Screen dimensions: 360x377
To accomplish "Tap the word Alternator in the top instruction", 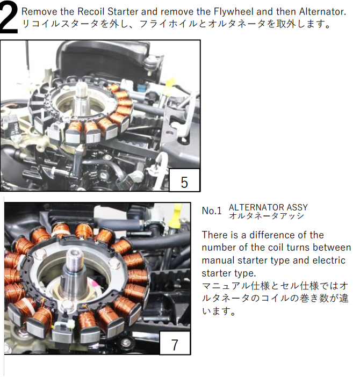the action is (x=322, y=11).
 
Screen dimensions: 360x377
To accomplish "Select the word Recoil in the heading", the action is (x=91, y=11).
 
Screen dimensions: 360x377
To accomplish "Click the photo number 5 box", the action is (x=184, y=180).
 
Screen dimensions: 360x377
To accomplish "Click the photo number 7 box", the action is (x=175, y=343).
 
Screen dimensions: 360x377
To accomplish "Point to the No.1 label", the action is (x=212, y=211).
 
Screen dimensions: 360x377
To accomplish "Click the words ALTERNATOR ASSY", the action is (x=268, y=207).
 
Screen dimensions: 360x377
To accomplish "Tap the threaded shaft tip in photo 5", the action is (x=82, y=89).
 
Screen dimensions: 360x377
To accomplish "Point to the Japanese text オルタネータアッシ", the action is (x=267, y=216).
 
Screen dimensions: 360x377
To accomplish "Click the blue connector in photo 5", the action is (x=142, y=87).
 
